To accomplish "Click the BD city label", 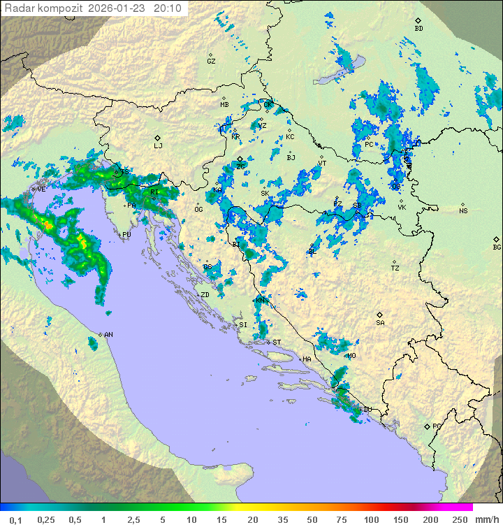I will pos(418,29).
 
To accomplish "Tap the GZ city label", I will pos(211,62).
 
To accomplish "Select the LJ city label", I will pos(158,145).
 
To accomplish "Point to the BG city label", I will pos(497,247).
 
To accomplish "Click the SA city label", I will pos(380,323).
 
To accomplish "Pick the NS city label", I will pos(463,211).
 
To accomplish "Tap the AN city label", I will pos(108,335).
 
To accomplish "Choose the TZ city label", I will pos(395,268).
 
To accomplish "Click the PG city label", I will pos(437,426).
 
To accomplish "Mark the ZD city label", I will pos(205,295).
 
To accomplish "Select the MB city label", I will pos(224,105).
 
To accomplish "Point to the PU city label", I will pos(126,235).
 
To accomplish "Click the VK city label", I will pos(402,208).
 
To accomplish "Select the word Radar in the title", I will pos(19,8).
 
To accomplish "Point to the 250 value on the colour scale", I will pos(460,519).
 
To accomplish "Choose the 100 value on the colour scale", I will pos(371,519).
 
